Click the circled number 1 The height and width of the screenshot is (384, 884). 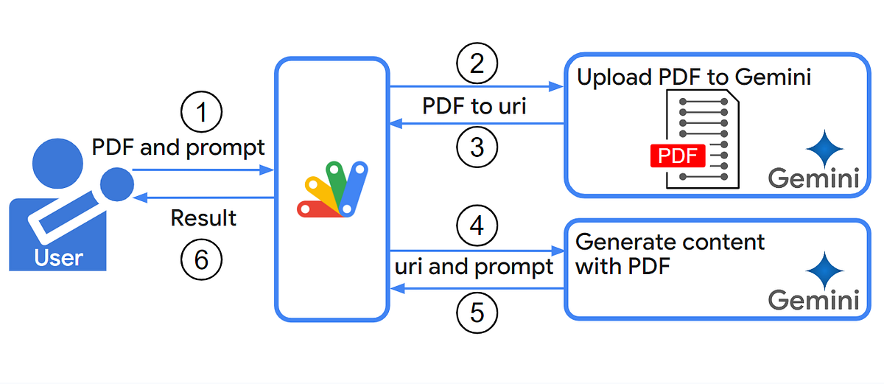[x=201, y=113]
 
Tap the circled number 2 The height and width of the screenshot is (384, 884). [x=477, y=65]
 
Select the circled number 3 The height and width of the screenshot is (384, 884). [x=477, y=147]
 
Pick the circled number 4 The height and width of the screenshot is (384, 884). [x=477, y=226]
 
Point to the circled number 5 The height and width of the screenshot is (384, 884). [x=477, y=313]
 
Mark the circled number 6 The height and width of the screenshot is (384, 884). [x=201, y=259]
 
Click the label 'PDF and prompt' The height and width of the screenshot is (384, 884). [x=178, y=147]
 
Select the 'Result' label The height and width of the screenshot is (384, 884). [x=203, y=218]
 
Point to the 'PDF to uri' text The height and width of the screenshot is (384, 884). [x=474, y=106]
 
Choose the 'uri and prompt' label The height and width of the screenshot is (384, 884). [x=474, y=266]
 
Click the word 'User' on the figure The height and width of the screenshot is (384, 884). [x=59, y=258]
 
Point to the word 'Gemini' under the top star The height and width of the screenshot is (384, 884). [x=814, y=178]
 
